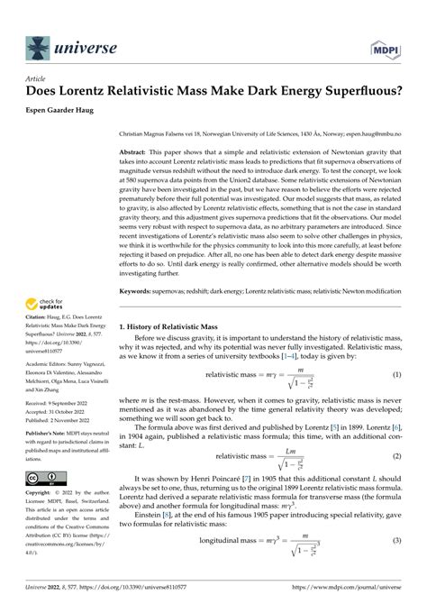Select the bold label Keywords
click(x=140, y=290)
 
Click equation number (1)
click(x=396, y=374)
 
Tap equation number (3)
click(x=396, y=565)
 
